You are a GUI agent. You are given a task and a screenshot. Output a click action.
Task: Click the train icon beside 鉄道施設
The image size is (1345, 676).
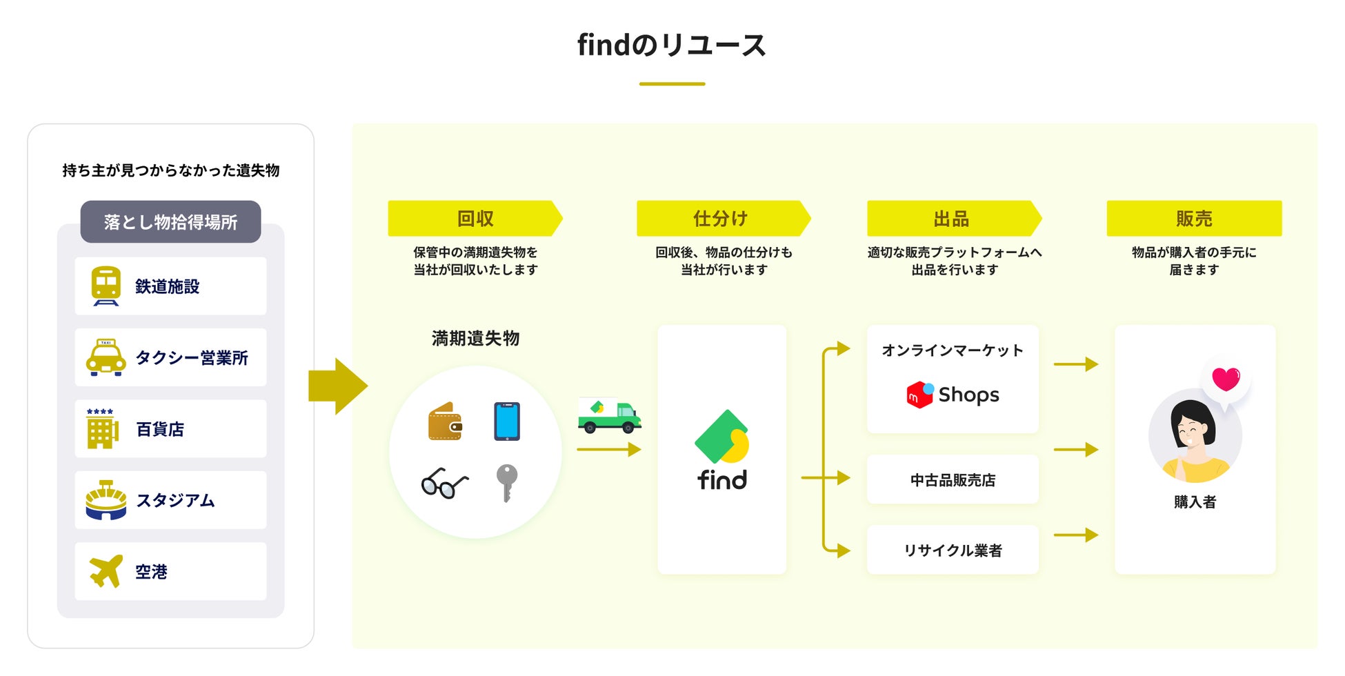coord(106,286)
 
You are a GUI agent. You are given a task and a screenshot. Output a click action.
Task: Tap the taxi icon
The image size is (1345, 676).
coord(106,357)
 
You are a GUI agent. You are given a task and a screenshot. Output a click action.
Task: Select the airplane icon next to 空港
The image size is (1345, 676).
coord(106,571)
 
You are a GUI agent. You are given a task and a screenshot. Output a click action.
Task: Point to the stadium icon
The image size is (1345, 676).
coord(106,500)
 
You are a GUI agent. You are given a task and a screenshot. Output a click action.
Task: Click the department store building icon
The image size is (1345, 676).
coord(101,428)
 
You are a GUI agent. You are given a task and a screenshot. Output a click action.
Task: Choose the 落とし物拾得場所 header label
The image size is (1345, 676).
coord(170,221)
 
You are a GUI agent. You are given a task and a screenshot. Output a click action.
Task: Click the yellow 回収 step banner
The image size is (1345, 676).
coord(475,219)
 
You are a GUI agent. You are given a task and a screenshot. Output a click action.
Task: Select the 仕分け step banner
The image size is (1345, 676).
coord(723,219)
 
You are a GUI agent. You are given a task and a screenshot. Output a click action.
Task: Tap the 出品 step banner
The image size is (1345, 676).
coord(954,219)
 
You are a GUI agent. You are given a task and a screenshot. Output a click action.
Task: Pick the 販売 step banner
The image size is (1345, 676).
coord(1194,219)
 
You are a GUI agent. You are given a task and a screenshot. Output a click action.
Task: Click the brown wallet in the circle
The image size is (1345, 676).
coord(445,421)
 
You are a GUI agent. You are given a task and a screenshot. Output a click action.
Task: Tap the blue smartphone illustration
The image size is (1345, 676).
coord(507,421)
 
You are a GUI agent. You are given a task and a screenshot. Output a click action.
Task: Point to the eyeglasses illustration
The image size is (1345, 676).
coord(445,483)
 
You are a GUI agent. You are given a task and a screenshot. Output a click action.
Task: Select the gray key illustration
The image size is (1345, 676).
coord(506,482)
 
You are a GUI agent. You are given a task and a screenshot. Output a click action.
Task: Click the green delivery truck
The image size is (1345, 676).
coord(609,415)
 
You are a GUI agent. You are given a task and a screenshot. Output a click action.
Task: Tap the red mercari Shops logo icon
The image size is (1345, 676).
coord(920,395)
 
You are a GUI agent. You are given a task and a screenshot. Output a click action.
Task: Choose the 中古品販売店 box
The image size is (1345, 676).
coord(953,479)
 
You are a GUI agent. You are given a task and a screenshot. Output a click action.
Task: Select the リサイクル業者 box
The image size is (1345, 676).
coord(953,550)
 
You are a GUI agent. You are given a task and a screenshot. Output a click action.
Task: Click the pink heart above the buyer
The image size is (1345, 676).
coord(1226,379)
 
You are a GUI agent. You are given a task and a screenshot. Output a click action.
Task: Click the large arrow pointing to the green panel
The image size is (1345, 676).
coord(337,386)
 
